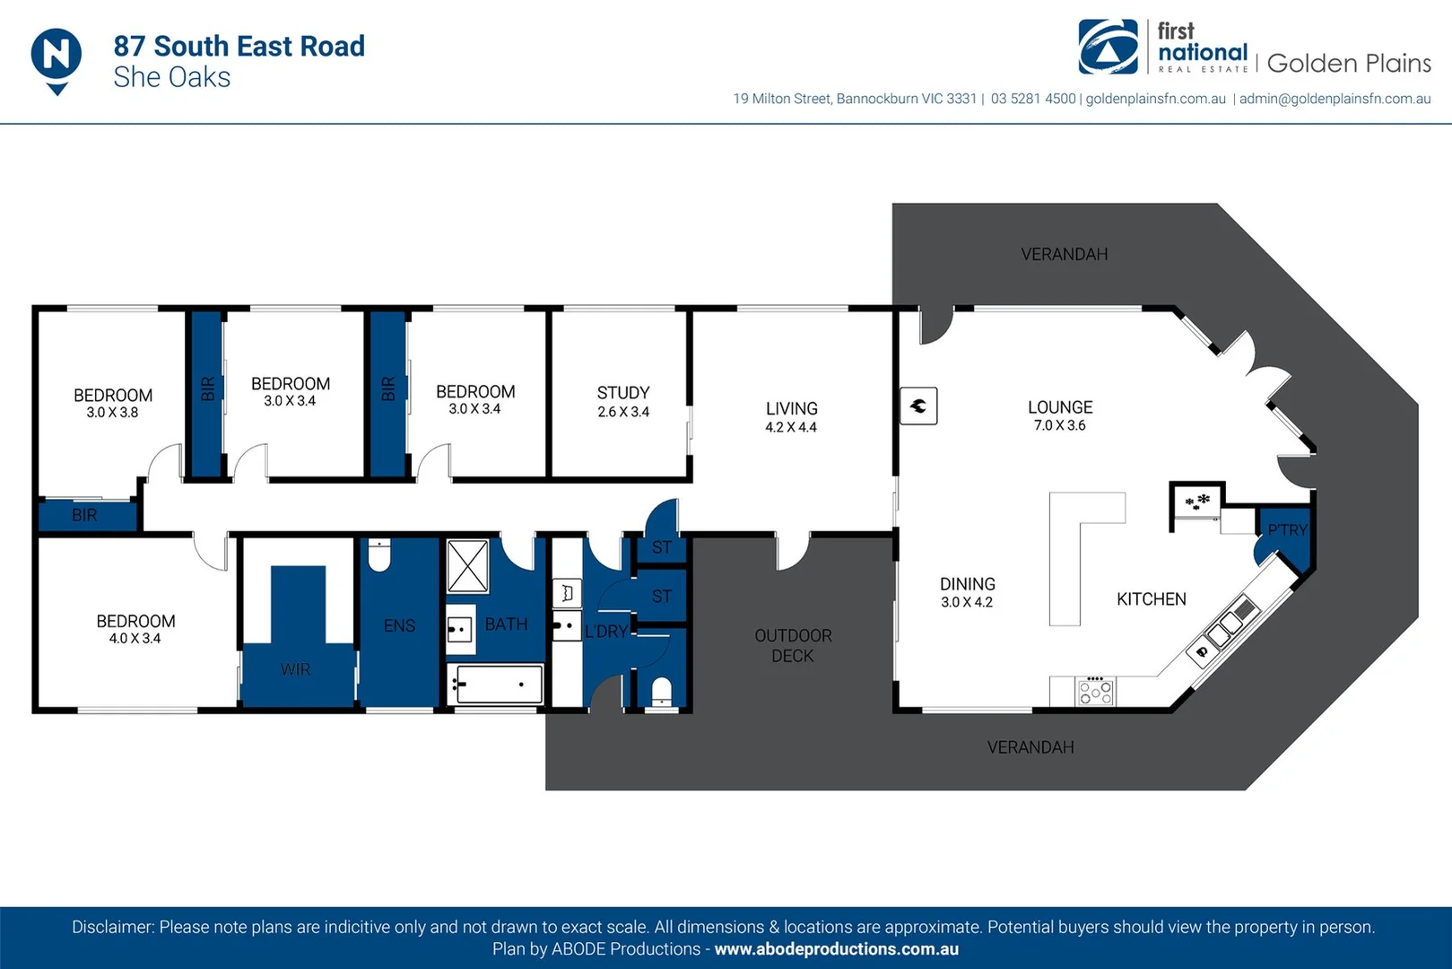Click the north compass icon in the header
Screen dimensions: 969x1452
pyautogui.click(x=57, y=57)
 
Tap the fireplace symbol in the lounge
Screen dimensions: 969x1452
pyautogui.click(x=918, y=406)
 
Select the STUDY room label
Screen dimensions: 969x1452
pyautogui.click(x=623, y=393)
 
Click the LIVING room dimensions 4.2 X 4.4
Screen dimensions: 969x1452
pyautogui.click(x=791, y=427)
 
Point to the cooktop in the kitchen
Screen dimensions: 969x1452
pyautogui.click(x=1095, y=691)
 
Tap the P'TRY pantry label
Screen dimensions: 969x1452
pyautogui.click(x=1287, y=530)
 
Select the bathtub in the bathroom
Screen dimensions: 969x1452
pyautogui.click(x=496, y=685)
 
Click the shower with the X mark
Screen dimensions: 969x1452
pyautogui.click(x=467, y=565)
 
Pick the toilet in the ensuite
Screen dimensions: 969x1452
pyautogui.click(x=378, y=556)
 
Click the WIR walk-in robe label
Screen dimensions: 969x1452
pyautogui.click(x=295, y=669)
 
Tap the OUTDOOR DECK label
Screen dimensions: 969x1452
pyautogui.click(x=793, y=645)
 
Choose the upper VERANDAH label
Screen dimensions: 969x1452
pyautogui.click(x=1065, y=255)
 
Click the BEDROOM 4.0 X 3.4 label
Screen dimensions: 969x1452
pyautogui.click(x=135, y=628)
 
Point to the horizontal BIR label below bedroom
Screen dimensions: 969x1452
pyautogui.click(x=84, y=515)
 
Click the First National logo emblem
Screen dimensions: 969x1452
pyautogui.click(x=1109, y=48)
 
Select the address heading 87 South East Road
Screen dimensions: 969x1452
pyautogui.click(x=239, y=46)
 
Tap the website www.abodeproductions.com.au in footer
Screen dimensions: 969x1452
pyautogui.click(x=836, y=949)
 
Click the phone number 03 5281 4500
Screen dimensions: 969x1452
pyautogui.click(x=1033, y=99)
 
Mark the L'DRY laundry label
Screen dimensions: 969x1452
pyautogui.click(x=606, y=632)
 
